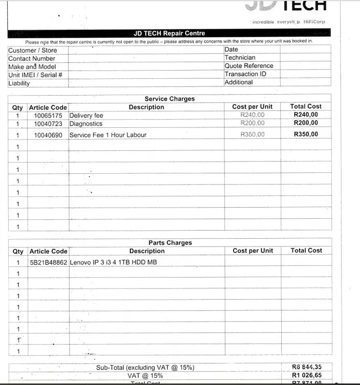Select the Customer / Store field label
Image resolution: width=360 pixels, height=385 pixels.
point(33,50)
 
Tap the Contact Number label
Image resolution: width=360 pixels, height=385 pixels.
point(32,58)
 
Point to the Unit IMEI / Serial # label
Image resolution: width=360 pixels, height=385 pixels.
point(35,75)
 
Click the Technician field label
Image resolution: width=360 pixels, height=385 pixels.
point(240,58)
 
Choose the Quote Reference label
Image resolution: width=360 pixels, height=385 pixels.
point(249,66)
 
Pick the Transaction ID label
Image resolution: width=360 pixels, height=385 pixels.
point(245,74)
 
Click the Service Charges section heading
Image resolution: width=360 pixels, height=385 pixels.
point(169,99)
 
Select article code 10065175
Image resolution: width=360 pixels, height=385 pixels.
point(48,116)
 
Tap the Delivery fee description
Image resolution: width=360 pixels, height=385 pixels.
point(86,116)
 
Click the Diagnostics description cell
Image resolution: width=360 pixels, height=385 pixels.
point(86,124)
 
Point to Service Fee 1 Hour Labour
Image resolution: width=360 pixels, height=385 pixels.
point(108,135)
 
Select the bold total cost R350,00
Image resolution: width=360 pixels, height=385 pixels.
point(306,134)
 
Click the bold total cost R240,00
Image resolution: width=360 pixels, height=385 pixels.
point(306,115)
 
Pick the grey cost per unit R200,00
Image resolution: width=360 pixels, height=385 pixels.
point(253,123)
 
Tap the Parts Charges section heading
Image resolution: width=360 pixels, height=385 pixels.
point(170,243)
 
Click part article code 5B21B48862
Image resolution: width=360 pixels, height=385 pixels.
point(49,262)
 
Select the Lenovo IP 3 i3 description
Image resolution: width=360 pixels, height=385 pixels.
point(113,262)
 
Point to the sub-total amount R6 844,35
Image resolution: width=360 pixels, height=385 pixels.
point(307,367)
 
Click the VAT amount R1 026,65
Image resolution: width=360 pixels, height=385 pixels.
point(307,375)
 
